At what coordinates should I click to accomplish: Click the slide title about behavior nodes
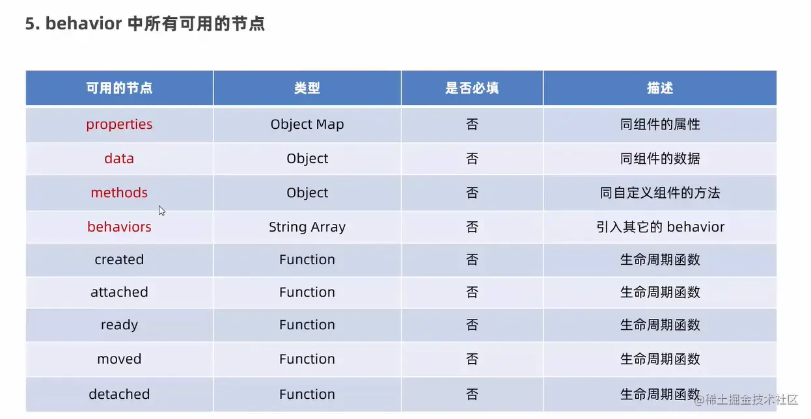click(144, 24)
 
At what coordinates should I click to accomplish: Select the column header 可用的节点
click(119, 88)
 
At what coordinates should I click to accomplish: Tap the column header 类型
click(307, 88)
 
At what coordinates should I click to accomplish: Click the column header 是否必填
click(472, 88)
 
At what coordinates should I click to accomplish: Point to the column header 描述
click(659, 88)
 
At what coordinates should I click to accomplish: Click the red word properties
click(119, 125)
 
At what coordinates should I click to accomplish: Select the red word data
click(119, 159)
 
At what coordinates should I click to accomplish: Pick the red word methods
click(119, 193)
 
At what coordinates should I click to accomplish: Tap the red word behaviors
click(119, 227)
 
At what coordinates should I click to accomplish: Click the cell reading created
click(119, 260)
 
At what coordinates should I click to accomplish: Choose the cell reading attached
click(119, 292)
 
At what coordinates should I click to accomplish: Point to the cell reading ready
click(119, 325)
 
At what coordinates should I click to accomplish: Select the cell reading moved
click(119, 359)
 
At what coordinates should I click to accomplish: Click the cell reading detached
click(119, 394)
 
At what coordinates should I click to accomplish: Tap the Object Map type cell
click(307, 125)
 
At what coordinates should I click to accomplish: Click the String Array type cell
click(307, 227)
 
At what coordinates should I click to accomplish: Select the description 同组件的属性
click(659, 124)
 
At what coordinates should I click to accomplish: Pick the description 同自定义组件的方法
click(659, 193)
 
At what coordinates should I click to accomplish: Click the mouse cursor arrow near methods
click(161, 211)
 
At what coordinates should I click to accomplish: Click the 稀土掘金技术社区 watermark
click(747, 399)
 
